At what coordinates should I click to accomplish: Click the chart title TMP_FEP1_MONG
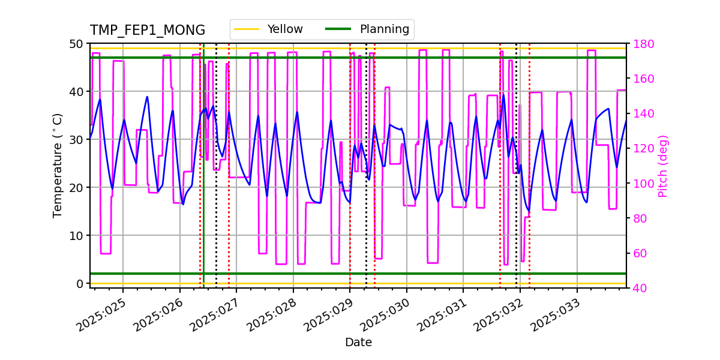147,31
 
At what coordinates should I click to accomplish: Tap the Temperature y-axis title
58,165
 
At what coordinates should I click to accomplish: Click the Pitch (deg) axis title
663,166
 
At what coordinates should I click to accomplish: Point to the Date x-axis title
358,343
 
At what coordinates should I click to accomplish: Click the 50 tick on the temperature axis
76,44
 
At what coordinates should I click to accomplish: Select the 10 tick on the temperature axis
76,235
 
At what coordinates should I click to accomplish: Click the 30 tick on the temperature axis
76,139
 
